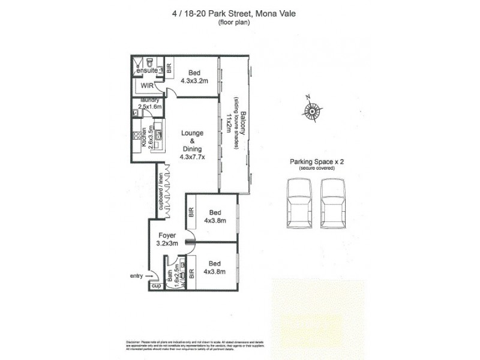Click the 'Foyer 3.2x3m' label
pos(167,240)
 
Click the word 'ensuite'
pos(147,71)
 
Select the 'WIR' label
pos(147,86)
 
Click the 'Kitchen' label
pos(145,139)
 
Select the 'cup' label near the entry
pos(157,287)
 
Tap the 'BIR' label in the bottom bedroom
pos(192,274)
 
